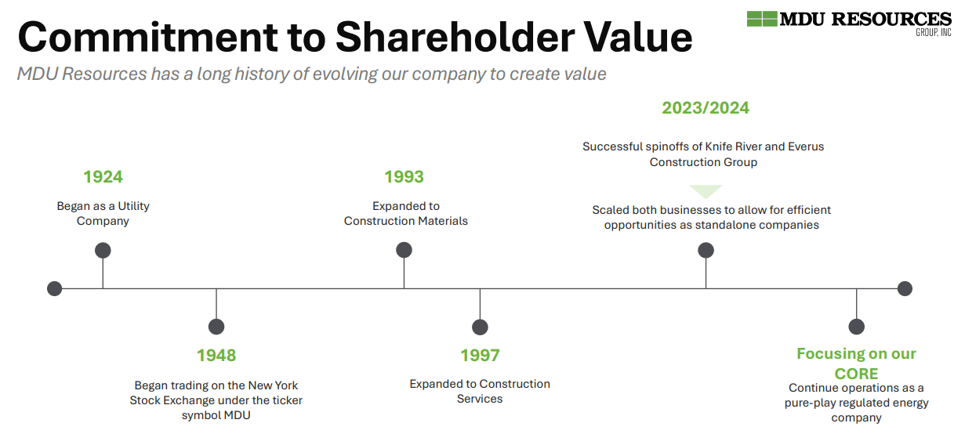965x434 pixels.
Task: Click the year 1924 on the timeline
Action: tap(103, 177)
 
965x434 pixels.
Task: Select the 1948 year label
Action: tap(216, 355)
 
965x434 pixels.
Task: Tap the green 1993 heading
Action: tap(404, 177)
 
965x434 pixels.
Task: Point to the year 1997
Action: tap(480, 355)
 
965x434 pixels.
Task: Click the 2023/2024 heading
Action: tap(706, 108)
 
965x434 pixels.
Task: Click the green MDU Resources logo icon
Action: tap(762, 19)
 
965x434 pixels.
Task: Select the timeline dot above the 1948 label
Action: tap(216, 327)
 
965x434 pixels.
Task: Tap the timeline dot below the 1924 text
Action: tap(103, 251)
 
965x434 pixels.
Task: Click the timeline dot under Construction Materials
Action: tap(404, 251)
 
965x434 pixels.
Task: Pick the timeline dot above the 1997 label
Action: tap(480, 327)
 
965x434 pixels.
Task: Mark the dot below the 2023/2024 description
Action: tap(706, 251)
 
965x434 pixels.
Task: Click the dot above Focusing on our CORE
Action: tap(856, 327)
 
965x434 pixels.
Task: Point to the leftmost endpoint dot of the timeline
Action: tap(54, 288)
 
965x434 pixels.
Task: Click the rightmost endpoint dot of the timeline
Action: tap(905, 288)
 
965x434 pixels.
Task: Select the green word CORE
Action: tap(856, 374)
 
